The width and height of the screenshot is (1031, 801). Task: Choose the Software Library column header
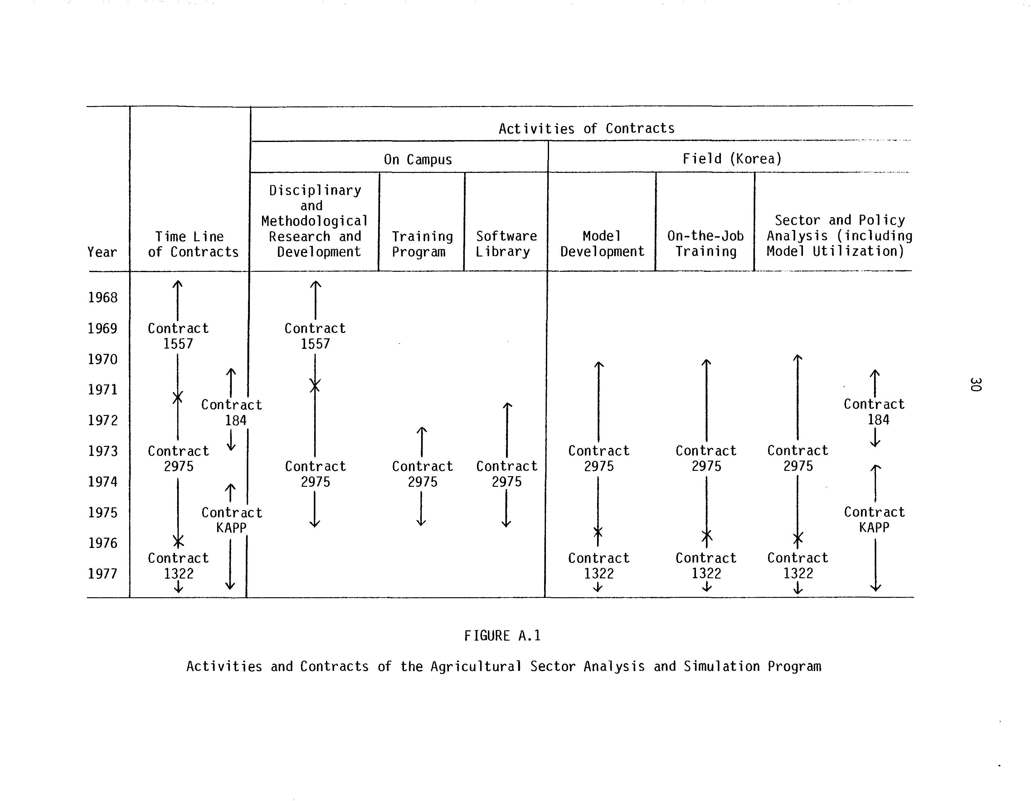click(x=506, y=244)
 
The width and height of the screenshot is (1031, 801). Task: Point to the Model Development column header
click(x=602, y=244)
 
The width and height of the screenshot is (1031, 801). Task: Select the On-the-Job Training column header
click(x=705, y=244)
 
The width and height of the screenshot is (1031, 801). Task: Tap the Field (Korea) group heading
click(x=732, y=159)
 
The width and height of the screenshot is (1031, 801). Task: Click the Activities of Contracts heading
click(x=586, y=129)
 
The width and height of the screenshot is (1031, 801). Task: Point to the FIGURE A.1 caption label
click(x=502, y=636)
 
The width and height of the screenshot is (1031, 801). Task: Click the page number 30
click(x=975, y=384)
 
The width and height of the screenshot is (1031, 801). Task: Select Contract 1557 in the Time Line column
click(x=178, y=336)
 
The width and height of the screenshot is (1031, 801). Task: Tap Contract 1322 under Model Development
click(x=599, y=565)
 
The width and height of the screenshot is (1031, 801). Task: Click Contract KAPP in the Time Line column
click(x=231, y=520)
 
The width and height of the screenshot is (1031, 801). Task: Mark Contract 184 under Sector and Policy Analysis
click(x=874, y=412)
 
